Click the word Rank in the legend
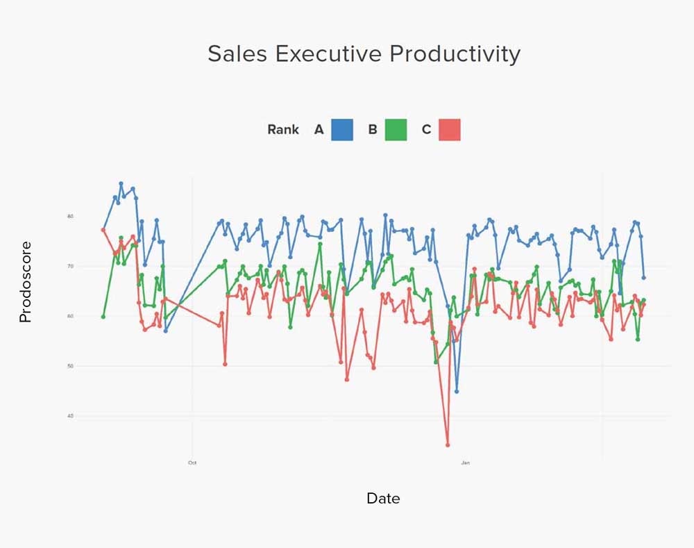pyautogui.click(x=283, y=129)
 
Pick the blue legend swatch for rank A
pyautogui.click(x=342, y=129)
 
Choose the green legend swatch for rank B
pyautogui.click(x=396, y=129)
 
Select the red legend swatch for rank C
pyautogui.click(x=450, y=129)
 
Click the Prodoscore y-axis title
pyautogui.click(x=26, y=282)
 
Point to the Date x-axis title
pyautogui.click(x=383, y=498)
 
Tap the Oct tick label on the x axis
pyautogui.click(x=192, y=462)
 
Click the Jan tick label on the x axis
pyautogui.click(x=466, y=462)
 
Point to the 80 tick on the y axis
pyautogui.click(x=70, y=216)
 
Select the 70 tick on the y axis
pyautogui.click(x=70, y=266)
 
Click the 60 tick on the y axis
pyautogui.click(x=70, y=316)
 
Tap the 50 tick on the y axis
pyautogui.click(x=70, y=366)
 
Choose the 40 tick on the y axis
pyautogui.click(x=70, y=416)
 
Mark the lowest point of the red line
pyautogui.click(x=448, y=445)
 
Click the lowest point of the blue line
pyautogui.click(x=457, y=391)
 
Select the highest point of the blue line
pyautogui.click(x=121, y=184)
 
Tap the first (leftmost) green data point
pyautogui.click(x=103, y=317)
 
